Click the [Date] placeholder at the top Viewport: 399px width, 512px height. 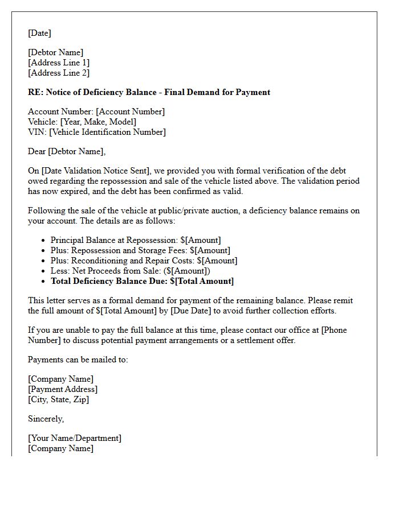tap(39, 33)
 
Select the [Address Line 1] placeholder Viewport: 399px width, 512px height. tap(59, 63)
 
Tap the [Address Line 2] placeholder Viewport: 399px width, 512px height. tap(59, 73)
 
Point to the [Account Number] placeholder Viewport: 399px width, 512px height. tap(131, 112)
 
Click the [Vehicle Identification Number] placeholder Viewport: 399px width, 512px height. tap(108, 132)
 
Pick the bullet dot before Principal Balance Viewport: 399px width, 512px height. tap(44, 240)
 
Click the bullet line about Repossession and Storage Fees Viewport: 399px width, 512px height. tap(140, 250)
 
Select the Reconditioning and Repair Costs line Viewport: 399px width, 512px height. tap(144, 261)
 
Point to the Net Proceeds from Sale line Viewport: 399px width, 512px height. tap(131, 271)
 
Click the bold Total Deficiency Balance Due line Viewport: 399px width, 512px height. tap(142, 281)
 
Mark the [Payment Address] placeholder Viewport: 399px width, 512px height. tap(63, 389)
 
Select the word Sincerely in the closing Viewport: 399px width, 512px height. tap(46, 419)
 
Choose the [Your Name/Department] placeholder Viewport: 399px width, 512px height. tap(75, 438)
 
